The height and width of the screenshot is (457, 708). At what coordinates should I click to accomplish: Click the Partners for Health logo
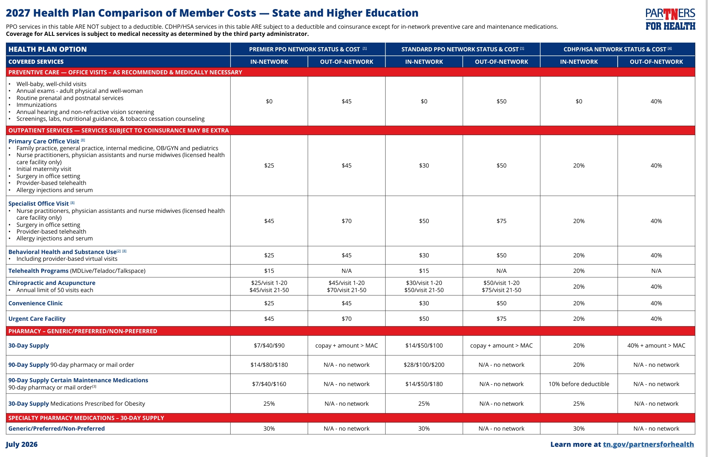tap(670, 19)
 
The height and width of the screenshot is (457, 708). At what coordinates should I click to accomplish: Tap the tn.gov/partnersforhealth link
tap(648, 444)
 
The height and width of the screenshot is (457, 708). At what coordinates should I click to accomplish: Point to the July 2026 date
tap(22, 444)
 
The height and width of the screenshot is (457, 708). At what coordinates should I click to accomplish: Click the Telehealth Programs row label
tap(39, 271)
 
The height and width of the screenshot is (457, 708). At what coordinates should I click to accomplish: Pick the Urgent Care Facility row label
tap(37, 319)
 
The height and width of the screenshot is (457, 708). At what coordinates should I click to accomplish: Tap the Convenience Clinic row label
tap(36, 303)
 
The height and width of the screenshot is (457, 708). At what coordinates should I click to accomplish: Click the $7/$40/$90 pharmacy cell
tap(269, 345)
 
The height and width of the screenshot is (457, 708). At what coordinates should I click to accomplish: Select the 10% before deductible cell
tap(579, 384)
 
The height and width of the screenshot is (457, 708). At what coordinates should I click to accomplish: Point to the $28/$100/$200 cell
tap(424, 365)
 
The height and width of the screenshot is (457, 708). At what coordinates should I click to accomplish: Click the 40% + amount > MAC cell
tap(656, 345)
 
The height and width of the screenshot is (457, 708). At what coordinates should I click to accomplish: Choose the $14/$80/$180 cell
tap(269, 365)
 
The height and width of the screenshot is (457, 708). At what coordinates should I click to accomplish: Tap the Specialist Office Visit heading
tap(39, 203)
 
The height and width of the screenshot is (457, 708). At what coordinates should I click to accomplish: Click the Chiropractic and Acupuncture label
tap(52, 283)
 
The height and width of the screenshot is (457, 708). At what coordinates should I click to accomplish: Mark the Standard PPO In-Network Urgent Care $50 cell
tap(424, 319)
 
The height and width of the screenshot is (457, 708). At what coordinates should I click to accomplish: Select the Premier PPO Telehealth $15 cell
tap(269, 271)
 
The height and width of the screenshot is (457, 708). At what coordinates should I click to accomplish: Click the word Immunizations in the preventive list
tap(36, 105)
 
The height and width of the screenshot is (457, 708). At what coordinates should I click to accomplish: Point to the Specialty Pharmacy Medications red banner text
tap(86, 418)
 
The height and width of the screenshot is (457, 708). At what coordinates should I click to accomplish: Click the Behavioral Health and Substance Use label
tap(62, 252)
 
